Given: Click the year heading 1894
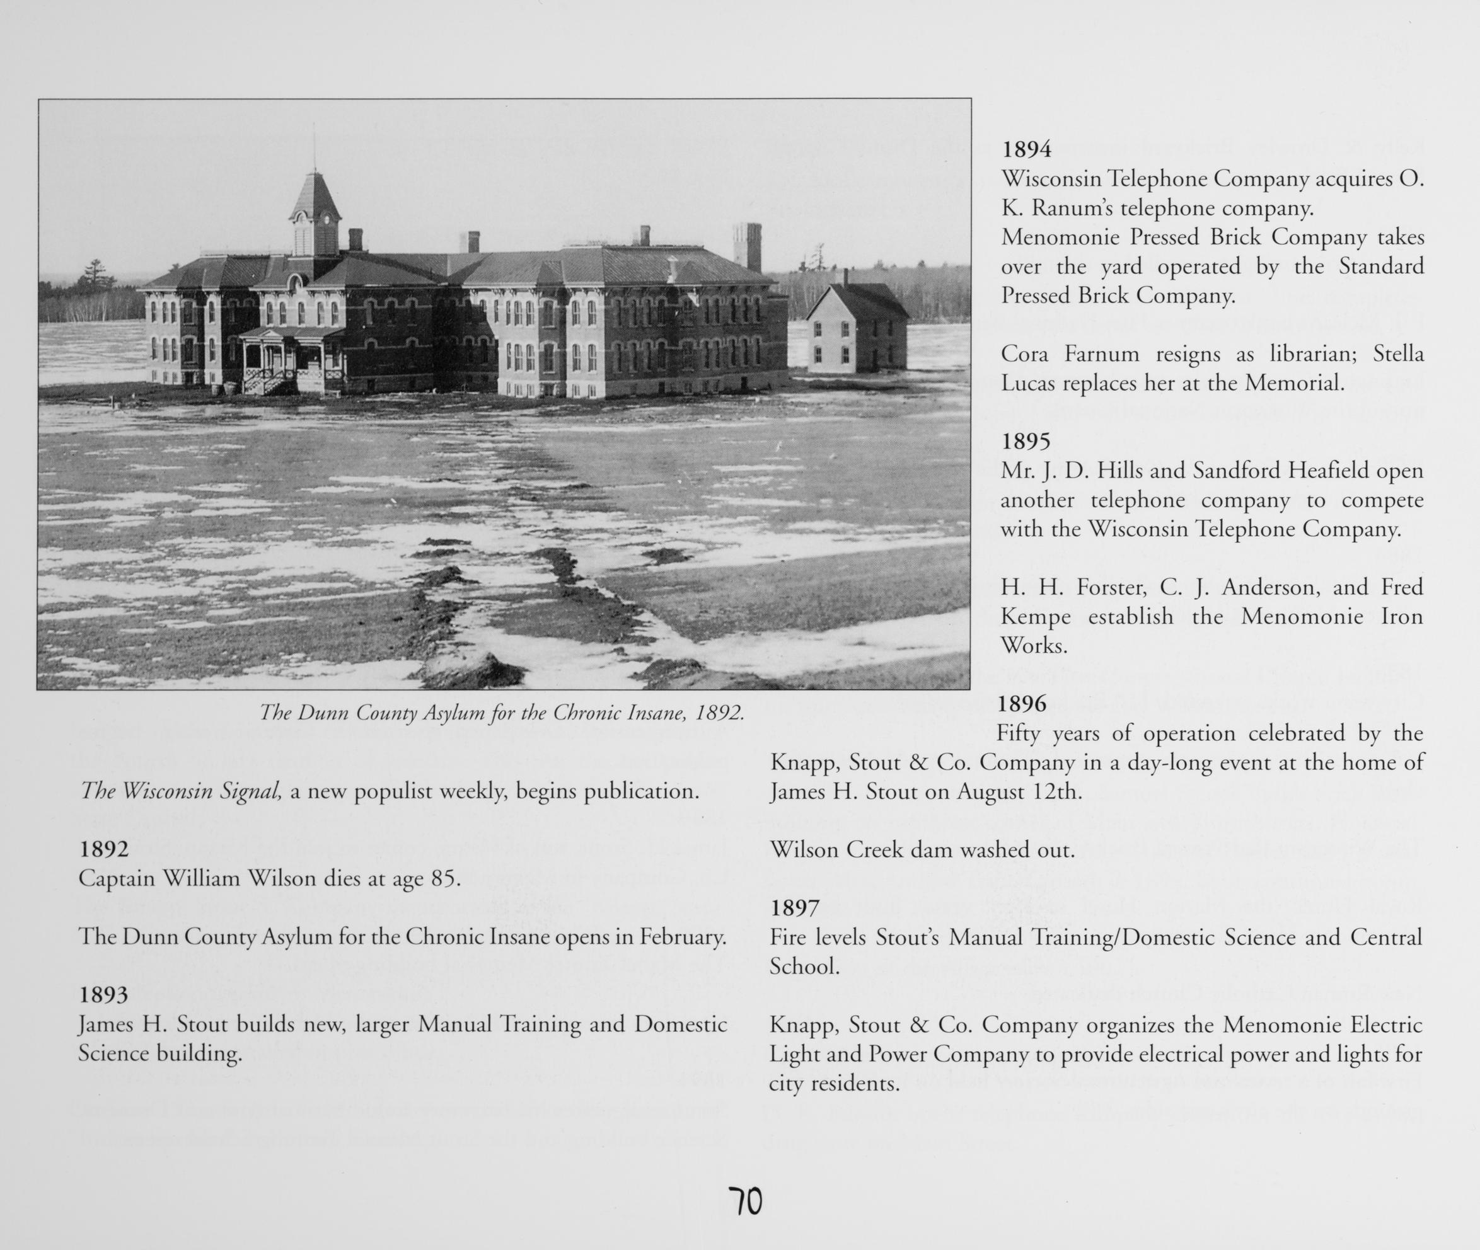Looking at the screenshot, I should (1026, 149).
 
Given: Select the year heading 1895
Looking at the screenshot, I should (1026, 442).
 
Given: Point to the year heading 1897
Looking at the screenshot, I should (795, 908).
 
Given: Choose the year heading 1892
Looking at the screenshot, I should (103, 849).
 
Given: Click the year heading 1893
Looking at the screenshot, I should (103, 995).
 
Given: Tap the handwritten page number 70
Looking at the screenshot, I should (745, 1202).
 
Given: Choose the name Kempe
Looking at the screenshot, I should (1035, 617).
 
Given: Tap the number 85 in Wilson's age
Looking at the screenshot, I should (443, 879).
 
